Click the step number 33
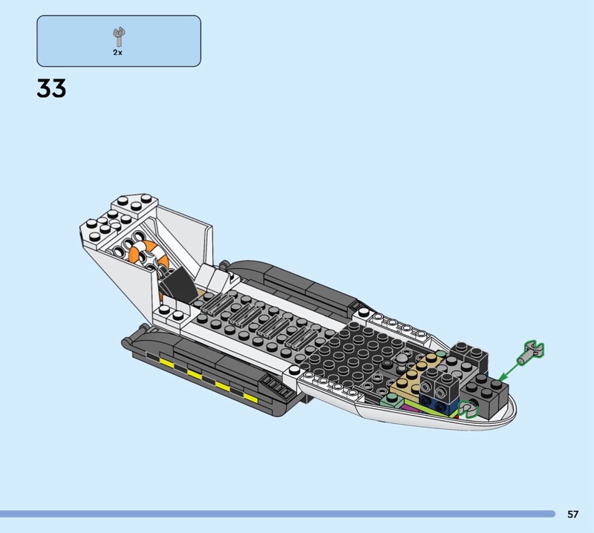(x=51, y=88)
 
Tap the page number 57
(x=572, y=514)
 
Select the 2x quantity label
(x=117, y=53)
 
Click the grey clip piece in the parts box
(x=119, y=37)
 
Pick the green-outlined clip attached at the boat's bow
(x=468, y=409)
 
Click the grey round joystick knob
(x=402, y=359)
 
